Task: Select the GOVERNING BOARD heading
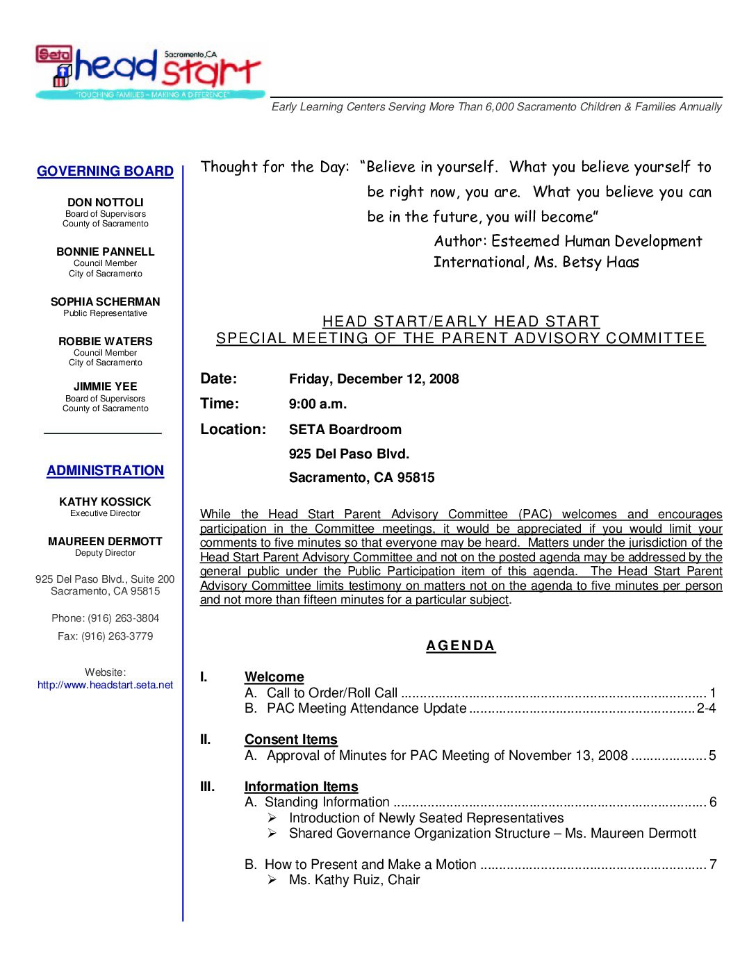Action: click(x=105, y=171)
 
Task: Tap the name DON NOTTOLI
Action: click(x=106, y=202)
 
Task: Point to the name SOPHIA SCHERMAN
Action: click(x=106, y=301)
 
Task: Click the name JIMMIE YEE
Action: click(x=106, y=386)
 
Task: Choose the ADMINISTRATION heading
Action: click(x=106, y=470)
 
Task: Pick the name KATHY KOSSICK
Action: click(x=106, y=502)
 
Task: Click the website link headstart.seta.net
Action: click(x=106, y=685)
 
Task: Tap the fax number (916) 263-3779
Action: click(x=117, y=636)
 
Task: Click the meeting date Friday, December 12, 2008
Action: click(x=374, y=379)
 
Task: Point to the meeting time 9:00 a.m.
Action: click(x=318, y=404)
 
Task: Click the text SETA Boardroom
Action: click(x=345, y=429)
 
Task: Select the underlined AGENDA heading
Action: click(x=461, y=646)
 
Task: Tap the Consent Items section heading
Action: click(x=291, y=739)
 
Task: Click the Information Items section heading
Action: click(x=302, y=786)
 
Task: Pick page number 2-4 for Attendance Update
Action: click(x=706, y=708)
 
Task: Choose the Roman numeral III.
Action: click(x=208, y=786)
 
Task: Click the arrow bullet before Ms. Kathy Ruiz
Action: click(x=272, y=880)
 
